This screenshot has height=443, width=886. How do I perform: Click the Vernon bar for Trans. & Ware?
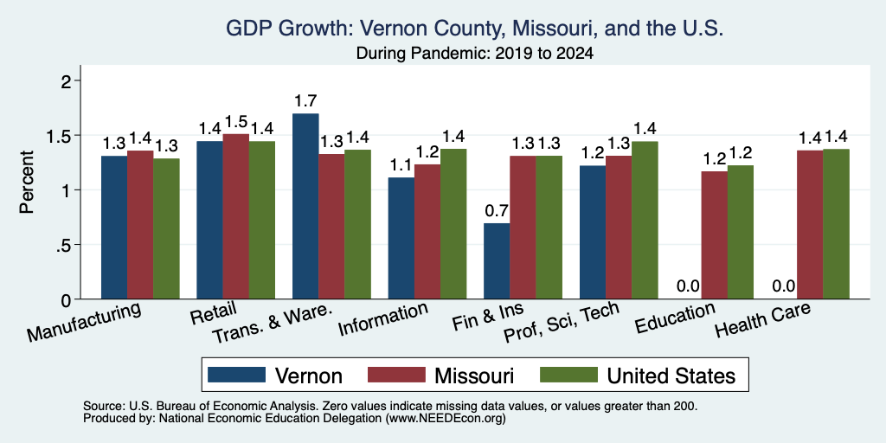click(x=305, y=206)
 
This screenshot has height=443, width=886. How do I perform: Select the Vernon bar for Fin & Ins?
click(x=497, y=261)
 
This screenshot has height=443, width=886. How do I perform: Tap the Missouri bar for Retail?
click(x=235, y=216)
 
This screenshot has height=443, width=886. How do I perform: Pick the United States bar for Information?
click(x=453, y=224)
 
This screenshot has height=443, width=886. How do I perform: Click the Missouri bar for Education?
click(x=714, y=235)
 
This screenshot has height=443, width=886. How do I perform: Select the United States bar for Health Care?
click(x=837, y=224)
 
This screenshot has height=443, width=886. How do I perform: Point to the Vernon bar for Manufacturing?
click(x=114, y=228)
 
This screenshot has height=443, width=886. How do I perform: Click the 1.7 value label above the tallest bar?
click(x=305, y=102)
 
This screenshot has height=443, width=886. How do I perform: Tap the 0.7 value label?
click(x=498, y=211)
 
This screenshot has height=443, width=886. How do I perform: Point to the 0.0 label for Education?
click(x=688, y=286)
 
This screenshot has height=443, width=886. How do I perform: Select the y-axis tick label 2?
click(x=67, y=81)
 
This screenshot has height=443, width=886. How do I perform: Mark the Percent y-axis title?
click(x=27, y=182)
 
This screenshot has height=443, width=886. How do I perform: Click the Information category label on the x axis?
click(x=382, y=318)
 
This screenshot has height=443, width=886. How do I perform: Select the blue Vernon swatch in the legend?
click(x=236, y=375)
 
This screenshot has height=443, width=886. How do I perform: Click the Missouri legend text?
click(x=473, y=376)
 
